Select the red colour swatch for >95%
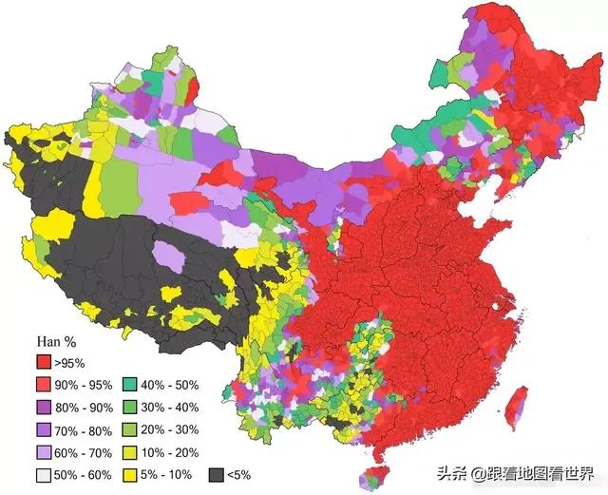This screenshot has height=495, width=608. point(43,362)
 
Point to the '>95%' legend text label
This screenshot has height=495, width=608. point(68,362)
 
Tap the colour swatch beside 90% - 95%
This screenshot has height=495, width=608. point(43,385)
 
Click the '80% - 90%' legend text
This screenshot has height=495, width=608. point(83,407)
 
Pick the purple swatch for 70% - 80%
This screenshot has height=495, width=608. point(43,429)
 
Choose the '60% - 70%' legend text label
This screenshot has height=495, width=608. point(83,451)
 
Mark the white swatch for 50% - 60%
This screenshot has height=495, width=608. point(43,474)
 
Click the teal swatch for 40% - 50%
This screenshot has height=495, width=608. point(131,385)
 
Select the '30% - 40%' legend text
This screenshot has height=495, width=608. point(171,407)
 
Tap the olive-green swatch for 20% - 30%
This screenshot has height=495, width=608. point(131,429)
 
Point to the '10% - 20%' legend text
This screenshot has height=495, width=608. point(171,451)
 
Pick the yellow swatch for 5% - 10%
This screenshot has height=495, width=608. point(131,474)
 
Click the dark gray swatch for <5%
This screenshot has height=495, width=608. point(217,474)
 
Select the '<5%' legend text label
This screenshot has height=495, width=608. point(242,474)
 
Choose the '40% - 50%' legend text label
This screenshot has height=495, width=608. point(171,385)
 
